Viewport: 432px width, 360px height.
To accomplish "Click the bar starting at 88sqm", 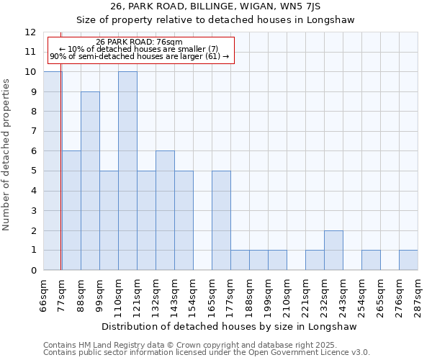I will (x=90, y=181).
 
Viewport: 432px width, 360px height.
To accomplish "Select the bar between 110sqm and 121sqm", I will (x=127, y=171).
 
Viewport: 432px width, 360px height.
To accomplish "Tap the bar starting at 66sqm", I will (x=52, y=171).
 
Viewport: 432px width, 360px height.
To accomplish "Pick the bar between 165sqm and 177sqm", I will (x=221, y=220).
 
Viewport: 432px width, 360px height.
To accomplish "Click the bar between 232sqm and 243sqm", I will (x=333, y=250).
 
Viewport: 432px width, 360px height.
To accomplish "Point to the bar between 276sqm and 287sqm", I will (x=408, y=260).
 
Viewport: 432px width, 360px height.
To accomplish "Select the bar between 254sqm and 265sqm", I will (x=371, y=260).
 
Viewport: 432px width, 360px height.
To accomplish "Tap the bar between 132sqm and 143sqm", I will (x=165, y=210).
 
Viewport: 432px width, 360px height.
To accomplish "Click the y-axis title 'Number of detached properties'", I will (x=7, y=155).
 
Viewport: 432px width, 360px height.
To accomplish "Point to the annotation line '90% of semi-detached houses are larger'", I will (x=139, y=56).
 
